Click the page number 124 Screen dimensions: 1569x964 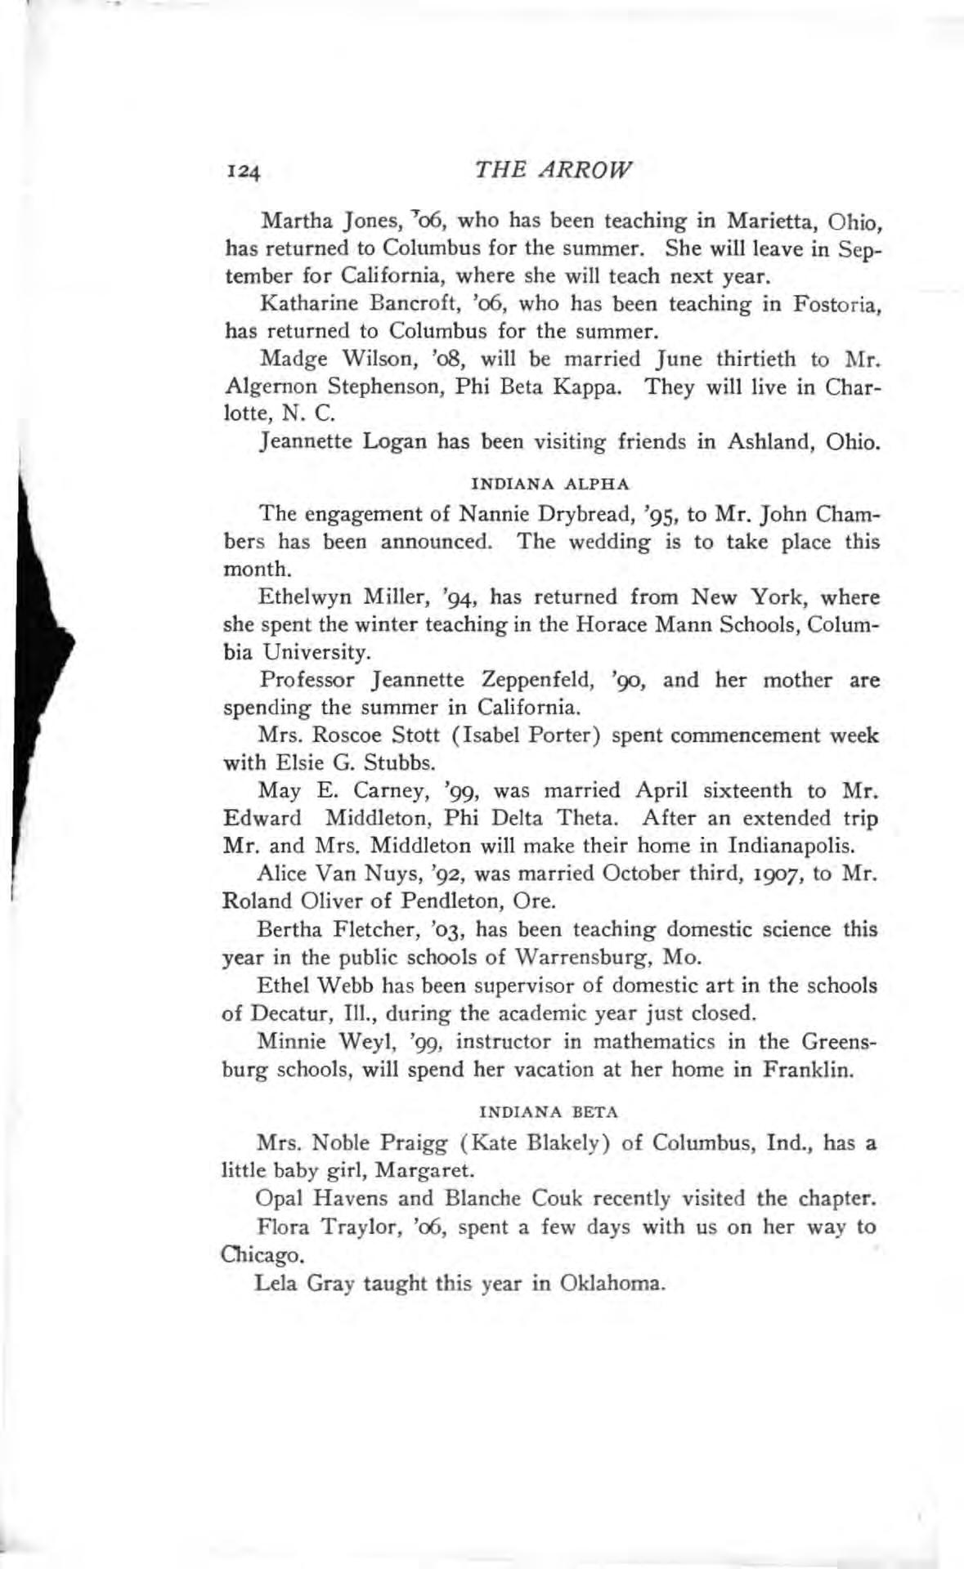(x=243, y=171)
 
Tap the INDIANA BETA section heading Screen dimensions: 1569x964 (x=549, y=1112)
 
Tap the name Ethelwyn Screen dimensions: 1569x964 (x=298, y=597)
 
